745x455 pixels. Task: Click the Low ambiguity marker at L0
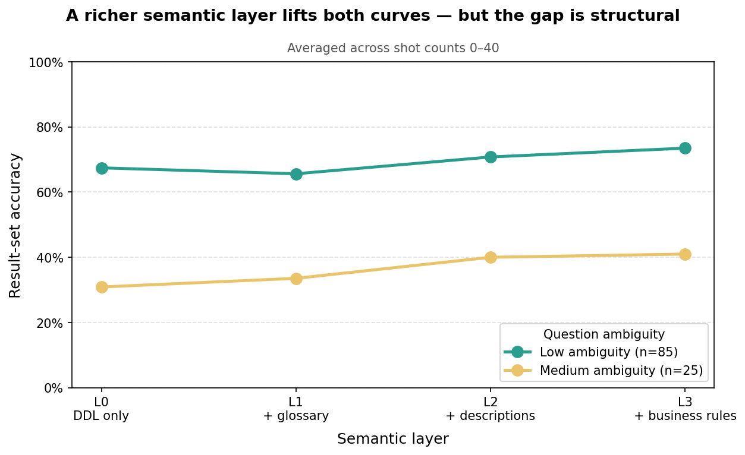pos(102,168)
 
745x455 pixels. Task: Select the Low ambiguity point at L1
pos(296,174)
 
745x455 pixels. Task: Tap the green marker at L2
pos(491,157)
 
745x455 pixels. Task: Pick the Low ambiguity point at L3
pos(685,148)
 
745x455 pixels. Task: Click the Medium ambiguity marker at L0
pos(102,287)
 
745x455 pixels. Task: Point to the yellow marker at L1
pos(296,279)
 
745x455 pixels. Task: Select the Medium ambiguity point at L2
pos(491,257)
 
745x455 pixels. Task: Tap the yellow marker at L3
pos(685,254)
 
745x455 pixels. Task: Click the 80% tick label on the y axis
pos(50,127)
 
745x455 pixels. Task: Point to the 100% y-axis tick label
pos(46,62)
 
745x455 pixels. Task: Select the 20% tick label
pos(50,323)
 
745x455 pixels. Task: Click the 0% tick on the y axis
pos(53,388)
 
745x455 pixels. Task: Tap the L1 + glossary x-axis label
pos(296,409)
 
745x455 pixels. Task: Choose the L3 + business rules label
pos(685,409)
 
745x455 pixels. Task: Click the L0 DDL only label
pos(102,409)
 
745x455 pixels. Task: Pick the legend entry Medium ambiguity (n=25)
pos(621,371)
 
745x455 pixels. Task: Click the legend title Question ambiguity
pos(604,334)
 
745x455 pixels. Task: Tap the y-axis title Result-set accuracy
pos(15,225)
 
